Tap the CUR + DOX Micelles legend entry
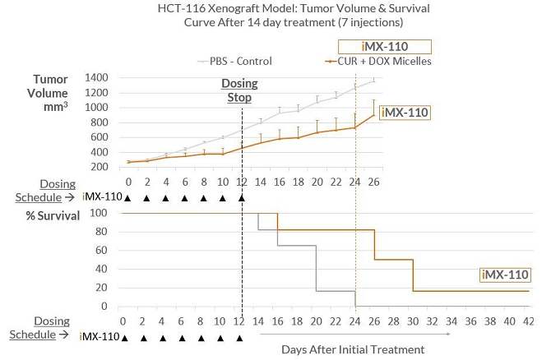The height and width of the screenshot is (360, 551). [377, 61]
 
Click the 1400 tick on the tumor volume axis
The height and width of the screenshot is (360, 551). [96, 76]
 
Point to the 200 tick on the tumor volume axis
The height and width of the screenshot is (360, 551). [100, 167]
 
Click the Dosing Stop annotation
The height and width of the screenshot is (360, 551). [239, 90]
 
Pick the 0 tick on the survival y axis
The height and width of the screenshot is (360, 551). [105, 307]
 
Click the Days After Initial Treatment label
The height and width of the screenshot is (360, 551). [353, 349]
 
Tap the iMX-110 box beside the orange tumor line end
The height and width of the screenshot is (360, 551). [405, 112]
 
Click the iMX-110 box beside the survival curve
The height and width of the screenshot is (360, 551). [505, 275]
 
